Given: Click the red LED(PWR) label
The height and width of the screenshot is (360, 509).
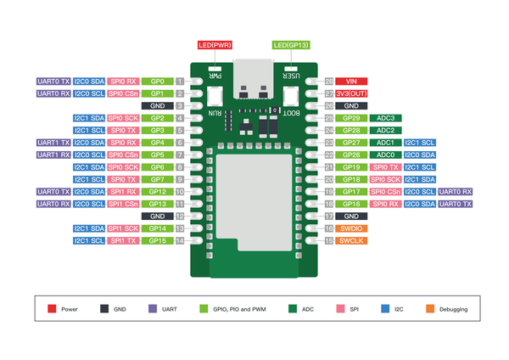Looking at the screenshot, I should tap(214, 45).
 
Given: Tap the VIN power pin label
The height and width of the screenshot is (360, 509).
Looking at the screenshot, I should tap(351, 81).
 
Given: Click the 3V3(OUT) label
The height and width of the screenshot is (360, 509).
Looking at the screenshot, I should tap(351, 93).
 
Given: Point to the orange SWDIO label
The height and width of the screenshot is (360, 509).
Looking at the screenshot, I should tap(351, 229).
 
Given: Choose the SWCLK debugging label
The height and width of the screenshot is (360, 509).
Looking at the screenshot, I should tap(351, 242).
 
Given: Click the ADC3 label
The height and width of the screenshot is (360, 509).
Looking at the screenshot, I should tap(385, 118).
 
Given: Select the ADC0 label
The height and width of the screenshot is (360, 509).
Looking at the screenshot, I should tap(385, 155).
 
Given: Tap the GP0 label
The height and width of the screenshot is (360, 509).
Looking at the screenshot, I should tap(157, 81).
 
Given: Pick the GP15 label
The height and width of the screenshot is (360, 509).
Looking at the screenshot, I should tap(157, 242).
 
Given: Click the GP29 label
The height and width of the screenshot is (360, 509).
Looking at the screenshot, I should tap(351, 118).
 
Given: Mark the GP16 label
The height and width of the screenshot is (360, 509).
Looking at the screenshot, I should tap(351, 205).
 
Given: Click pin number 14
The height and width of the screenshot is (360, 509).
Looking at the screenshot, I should tap(181, 242).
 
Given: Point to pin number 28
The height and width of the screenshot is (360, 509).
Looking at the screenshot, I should tap(328, 81).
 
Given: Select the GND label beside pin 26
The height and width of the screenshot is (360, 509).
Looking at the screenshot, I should tap(351, 106).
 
